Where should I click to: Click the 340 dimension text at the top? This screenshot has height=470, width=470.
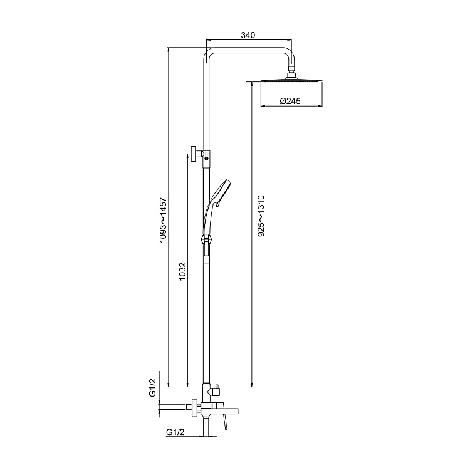point(248,36)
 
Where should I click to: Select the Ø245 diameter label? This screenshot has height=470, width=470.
point(290,100)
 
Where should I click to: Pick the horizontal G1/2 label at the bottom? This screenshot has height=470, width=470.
point(175,432)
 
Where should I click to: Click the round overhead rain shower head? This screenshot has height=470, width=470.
point(291,82)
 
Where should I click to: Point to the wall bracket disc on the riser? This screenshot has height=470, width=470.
point(197,154)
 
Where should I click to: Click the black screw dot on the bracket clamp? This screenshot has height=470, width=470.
point(206,159)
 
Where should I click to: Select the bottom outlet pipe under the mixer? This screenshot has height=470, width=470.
point(206,427)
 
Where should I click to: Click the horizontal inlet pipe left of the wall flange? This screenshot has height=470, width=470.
point(174,409)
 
